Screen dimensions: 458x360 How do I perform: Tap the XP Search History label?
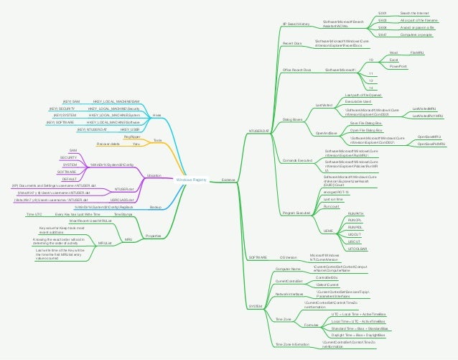tap(296, 24)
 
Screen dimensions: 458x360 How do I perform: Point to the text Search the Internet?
tap(414, 14)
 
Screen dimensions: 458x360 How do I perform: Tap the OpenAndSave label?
tap(326, 133)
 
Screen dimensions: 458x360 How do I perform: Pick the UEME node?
tap(329, 230)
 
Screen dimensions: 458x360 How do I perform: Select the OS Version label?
tap(289, 257)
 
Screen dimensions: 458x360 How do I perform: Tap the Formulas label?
tap(312, 325)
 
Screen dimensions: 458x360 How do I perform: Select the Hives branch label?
tap(156, 114)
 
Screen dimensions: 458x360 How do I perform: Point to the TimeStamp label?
tap(123, 214)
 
